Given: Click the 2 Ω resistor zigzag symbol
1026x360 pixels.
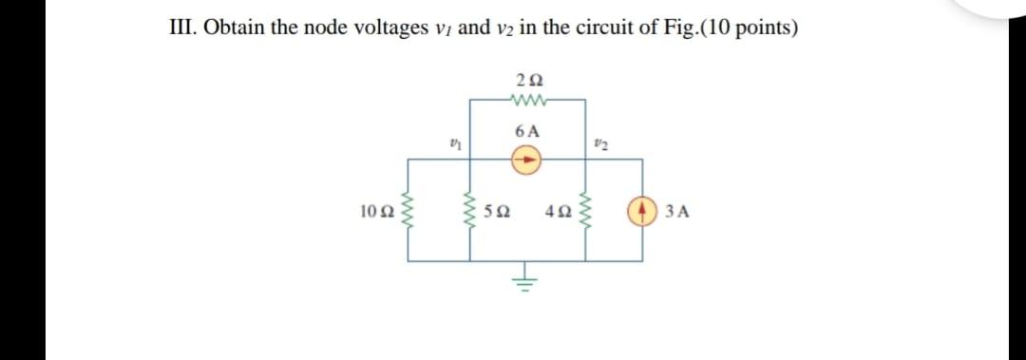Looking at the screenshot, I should (525, 98).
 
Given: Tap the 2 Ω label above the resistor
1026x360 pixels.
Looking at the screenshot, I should (524, 79).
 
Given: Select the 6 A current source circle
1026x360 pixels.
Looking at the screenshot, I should (526, 161).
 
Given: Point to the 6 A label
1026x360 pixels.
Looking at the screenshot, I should (526, 132).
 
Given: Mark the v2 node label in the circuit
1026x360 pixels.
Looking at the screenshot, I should (598, 143).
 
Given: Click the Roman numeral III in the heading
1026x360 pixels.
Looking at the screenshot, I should (178, 28).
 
